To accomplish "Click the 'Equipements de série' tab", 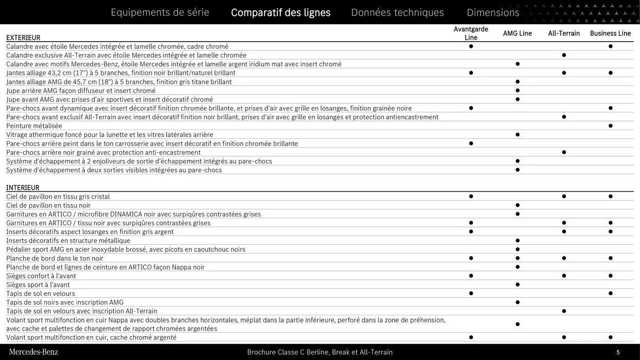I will pos(160,12).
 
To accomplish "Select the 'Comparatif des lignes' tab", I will pos(280,12).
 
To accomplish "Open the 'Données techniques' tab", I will pos(397,12).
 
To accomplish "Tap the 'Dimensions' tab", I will pos(493,12).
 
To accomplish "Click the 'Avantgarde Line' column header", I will pos(471,33).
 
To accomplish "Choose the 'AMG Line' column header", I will pos(517,33).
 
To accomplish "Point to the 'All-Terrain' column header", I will pos(564,33).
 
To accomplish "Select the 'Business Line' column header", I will pos(610,33).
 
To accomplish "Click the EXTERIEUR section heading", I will pos(23,38).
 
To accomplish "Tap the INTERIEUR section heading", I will pos(23,188).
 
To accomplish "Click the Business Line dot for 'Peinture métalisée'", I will pos(610,126).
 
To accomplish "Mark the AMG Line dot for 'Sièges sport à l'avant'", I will pos(518,285).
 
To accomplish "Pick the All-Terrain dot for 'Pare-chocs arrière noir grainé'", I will pos(564,152).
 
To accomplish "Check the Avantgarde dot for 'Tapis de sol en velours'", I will pos(471,294).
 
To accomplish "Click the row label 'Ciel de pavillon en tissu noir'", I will pos(48,206).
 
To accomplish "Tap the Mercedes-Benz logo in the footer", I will pos(33,352).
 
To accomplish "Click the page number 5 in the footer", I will pos(618,352).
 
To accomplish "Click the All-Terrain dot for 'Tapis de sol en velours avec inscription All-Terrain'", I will pos(564,311).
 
